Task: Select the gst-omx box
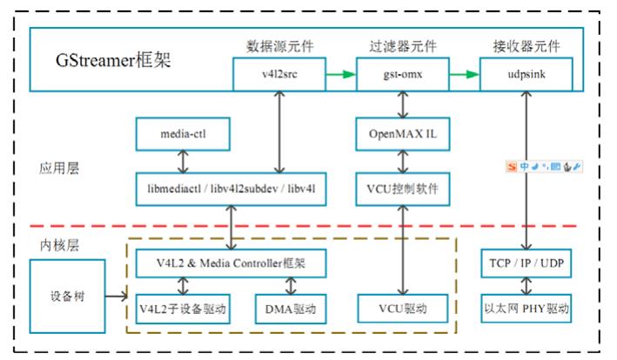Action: (403, 75)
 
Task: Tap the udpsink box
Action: (526, 75)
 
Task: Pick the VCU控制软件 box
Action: (402, 188)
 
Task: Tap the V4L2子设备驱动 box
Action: (182, 308)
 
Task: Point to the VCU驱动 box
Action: (402, 308)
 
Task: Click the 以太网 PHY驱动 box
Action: (525, 308)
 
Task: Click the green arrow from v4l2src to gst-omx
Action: (341, 75)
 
